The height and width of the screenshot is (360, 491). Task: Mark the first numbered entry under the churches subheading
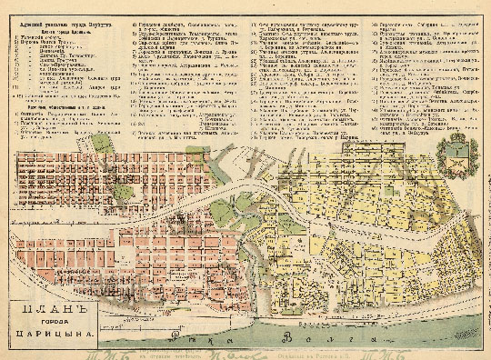pos(45,29)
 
